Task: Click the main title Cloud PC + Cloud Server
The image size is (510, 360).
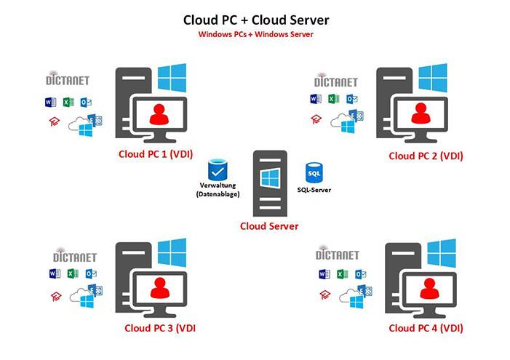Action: [256, 20]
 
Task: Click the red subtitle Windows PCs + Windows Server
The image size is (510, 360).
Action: [255, 34]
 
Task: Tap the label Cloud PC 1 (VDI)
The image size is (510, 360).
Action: [156, 154]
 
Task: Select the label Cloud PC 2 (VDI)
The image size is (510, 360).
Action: [426, 156]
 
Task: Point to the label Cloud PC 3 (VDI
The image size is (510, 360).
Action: [160, 328]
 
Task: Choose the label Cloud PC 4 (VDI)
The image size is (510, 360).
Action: [426, 328]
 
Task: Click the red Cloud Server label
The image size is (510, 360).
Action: [269, 226]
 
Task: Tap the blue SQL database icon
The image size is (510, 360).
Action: [314, 172]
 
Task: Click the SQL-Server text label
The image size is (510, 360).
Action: [314, 190]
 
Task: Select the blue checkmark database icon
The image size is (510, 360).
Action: [218, 169]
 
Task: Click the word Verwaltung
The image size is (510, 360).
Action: [218, 185]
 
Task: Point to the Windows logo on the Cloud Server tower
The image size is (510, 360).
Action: [270, 178]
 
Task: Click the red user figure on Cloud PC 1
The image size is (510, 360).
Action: [159, 114]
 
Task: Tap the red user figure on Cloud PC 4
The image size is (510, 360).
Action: [430, 289]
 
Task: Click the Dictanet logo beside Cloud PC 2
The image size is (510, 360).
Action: [335, 81]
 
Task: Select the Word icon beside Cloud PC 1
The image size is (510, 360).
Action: [50, 103]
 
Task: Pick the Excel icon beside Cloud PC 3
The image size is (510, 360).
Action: [72, 274]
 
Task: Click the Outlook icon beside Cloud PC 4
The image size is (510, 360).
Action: [360, 274]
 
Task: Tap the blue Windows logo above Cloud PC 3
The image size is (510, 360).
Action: [172, 252]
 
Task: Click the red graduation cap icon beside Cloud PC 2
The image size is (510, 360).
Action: [316, 119]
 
